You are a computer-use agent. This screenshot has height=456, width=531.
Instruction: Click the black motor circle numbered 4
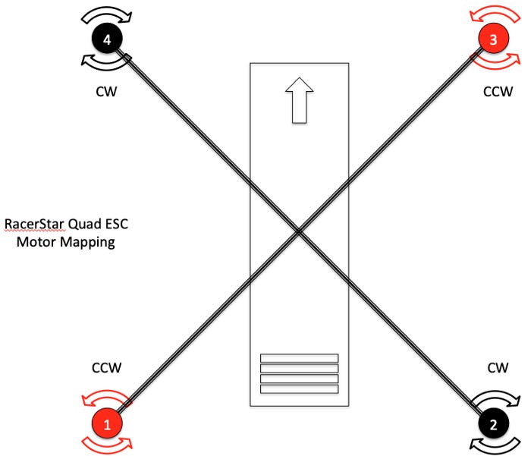pos(108,40)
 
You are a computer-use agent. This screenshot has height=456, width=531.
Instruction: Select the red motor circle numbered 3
pos(494,40)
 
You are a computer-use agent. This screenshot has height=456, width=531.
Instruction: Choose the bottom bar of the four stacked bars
pos(299,389)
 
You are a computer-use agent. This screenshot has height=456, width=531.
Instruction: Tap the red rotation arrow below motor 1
pos(107,445)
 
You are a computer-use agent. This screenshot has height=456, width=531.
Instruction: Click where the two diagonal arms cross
pos(300,231)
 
